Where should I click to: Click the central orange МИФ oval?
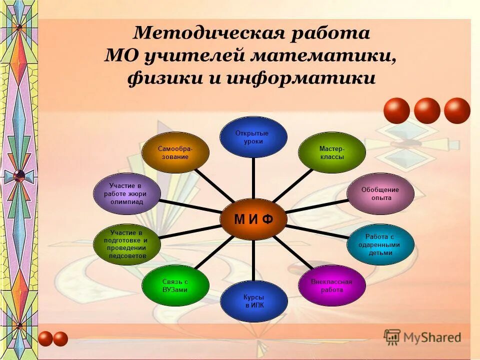click(253, 219)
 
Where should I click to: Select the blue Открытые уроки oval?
click(254, 137)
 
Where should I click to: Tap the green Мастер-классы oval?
click(331, 152)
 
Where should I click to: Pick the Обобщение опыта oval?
click(380, 194)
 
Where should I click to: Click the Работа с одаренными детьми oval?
click(380, 244)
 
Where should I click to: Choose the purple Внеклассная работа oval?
click(331, 285)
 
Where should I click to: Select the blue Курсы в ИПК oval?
click(254, 301)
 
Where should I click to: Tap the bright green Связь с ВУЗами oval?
click(175, 285)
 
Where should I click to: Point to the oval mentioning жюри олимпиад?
click(127, 194)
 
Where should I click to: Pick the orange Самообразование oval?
click(175, 152)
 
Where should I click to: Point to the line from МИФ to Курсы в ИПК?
click(254, 260)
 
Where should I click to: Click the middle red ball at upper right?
click(427, 111)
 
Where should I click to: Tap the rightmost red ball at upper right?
click(457, 111)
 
